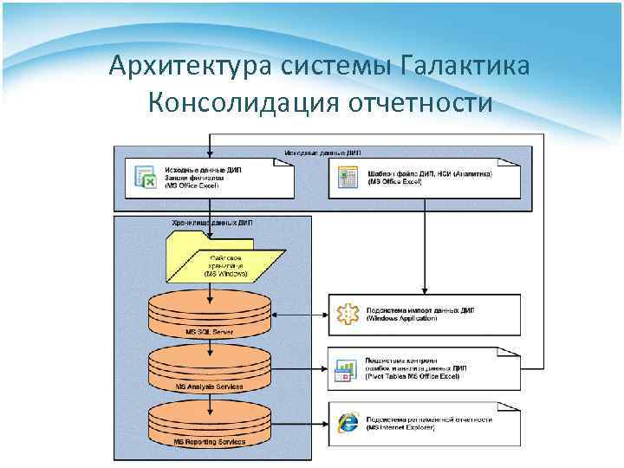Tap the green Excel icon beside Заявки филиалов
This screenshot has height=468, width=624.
144,177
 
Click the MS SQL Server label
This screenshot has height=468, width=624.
209,332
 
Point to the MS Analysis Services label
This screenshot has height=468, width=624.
209,386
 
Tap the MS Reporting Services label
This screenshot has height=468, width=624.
209,442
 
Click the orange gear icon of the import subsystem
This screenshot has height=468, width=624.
348,315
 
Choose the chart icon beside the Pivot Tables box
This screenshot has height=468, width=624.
347,371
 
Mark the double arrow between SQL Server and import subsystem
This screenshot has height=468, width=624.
299,315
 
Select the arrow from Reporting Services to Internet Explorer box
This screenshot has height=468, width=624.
299,424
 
